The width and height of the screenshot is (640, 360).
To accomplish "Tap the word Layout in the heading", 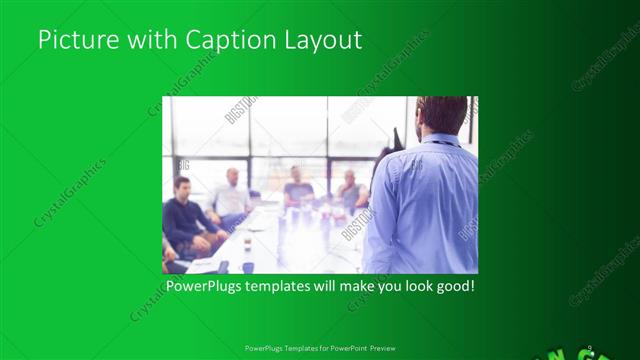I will point(325,40).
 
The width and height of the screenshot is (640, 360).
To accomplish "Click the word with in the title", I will point(151,40).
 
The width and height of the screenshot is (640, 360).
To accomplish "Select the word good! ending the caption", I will point(453,287).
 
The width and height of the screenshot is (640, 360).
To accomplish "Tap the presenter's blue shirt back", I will point(420,210).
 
